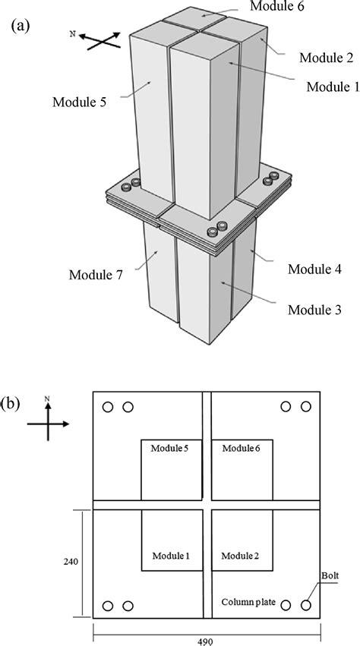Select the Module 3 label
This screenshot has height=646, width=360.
click(314, 310)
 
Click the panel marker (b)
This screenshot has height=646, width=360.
click(21, 402)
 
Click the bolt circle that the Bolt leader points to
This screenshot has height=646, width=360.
click(306, 606)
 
